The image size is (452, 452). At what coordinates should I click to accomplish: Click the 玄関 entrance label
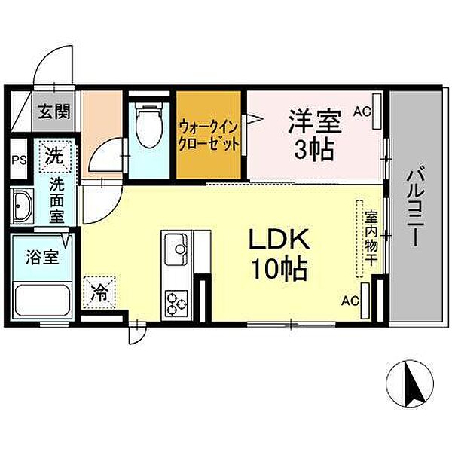54,111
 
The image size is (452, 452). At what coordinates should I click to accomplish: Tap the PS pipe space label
19,160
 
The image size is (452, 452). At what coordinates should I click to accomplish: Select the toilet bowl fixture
148,124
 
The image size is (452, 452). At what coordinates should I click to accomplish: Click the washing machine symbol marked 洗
55,157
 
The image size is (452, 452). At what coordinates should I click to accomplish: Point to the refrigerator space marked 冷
99,292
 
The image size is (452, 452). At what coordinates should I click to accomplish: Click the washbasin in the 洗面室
22,206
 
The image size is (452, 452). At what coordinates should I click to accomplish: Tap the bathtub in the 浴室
43,301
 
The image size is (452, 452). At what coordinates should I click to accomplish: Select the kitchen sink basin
176,249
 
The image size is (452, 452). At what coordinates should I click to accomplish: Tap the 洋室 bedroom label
315,121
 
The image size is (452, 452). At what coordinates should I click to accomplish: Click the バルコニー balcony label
414,208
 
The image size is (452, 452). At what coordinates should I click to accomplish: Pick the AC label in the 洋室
362,111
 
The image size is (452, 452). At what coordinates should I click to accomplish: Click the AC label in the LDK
350,301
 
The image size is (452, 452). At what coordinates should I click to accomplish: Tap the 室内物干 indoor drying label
371,238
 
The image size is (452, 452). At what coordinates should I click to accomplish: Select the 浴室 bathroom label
42,257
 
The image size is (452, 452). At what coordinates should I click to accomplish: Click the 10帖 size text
279,269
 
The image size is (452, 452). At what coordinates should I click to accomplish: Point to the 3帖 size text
314,150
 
